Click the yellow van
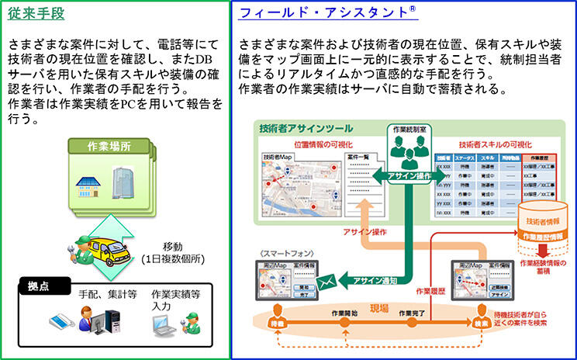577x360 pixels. point(103,247)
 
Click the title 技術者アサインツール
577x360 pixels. point(305,129)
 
